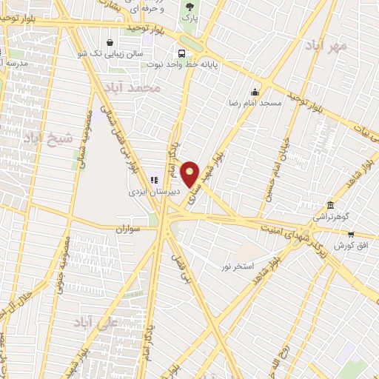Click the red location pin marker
[190, 175]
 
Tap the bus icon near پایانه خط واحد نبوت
[181, 53]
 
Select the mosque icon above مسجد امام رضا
[255, 93]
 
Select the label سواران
[127, 229]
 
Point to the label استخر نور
[238, 264]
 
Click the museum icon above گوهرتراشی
[330, 205]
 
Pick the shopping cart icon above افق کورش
[351, 234]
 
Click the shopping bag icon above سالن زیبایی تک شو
[110, 42]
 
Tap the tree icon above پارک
[190, 5]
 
